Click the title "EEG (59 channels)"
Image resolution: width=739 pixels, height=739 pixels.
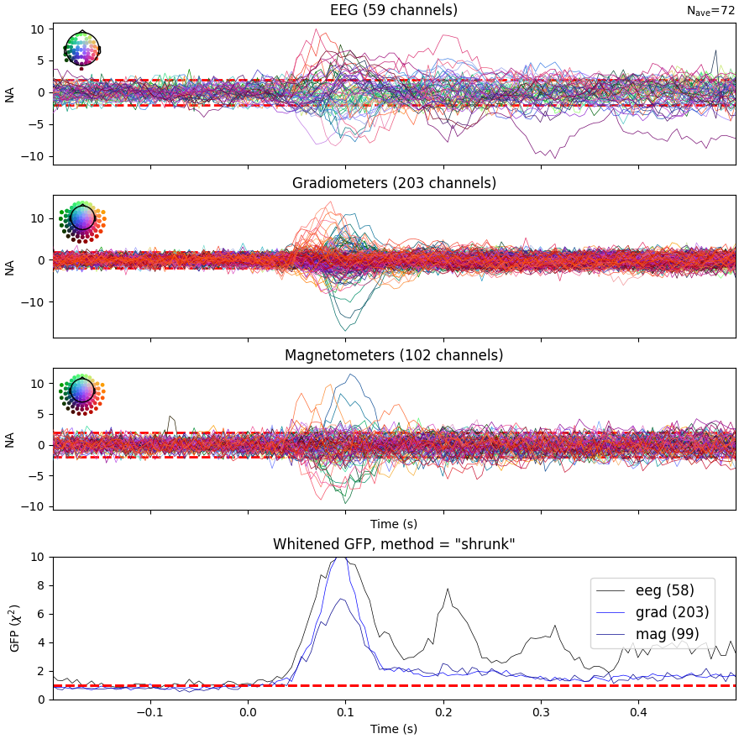[x=394, y=11]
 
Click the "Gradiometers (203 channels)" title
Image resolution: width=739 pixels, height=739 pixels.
[x=394, y=183]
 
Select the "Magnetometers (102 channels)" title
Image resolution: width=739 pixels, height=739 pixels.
[x=394, y=355]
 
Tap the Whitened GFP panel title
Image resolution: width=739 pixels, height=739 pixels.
[x=394, y=544]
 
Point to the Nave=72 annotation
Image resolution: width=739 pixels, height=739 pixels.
[x=710, y=11]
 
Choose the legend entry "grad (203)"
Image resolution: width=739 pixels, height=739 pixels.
[x=672, y=613]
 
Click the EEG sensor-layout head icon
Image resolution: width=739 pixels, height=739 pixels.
[x=81, y=49]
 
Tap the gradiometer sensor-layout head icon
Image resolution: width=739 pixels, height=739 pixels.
[x=81, y=219]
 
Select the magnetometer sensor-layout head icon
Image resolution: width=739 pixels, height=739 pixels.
[x=81, y=391]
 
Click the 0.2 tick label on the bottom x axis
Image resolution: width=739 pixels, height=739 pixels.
[x=443, y=712]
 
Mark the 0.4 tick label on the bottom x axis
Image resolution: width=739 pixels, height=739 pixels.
[x=638, y=712]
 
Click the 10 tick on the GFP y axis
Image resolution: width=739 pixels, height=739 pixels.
[x=38, y=557]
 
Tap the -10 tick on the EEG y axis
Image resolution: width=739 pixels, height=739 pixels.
[x=34, y=157]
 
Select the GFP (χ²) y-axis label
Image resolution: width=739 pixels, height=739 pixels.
[x=13, y=628]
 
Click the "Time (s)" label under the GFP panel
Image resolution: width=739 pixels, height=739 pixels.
[x=394, y=729]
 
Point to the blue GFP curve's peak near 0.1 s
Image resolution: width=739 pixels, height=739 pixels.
[x=338, y=558]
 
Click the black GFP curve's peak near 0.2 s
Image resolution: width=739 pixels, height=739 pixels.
[x=447, y=589]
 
